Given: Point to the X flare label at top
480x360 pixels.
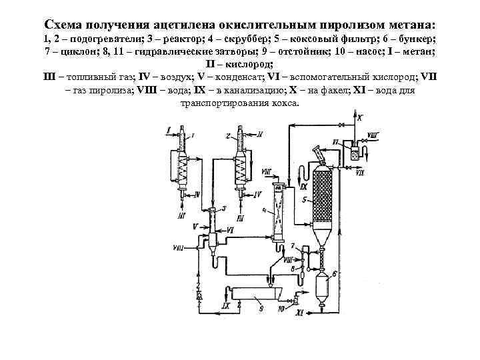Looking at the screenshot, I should (361, 119).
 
